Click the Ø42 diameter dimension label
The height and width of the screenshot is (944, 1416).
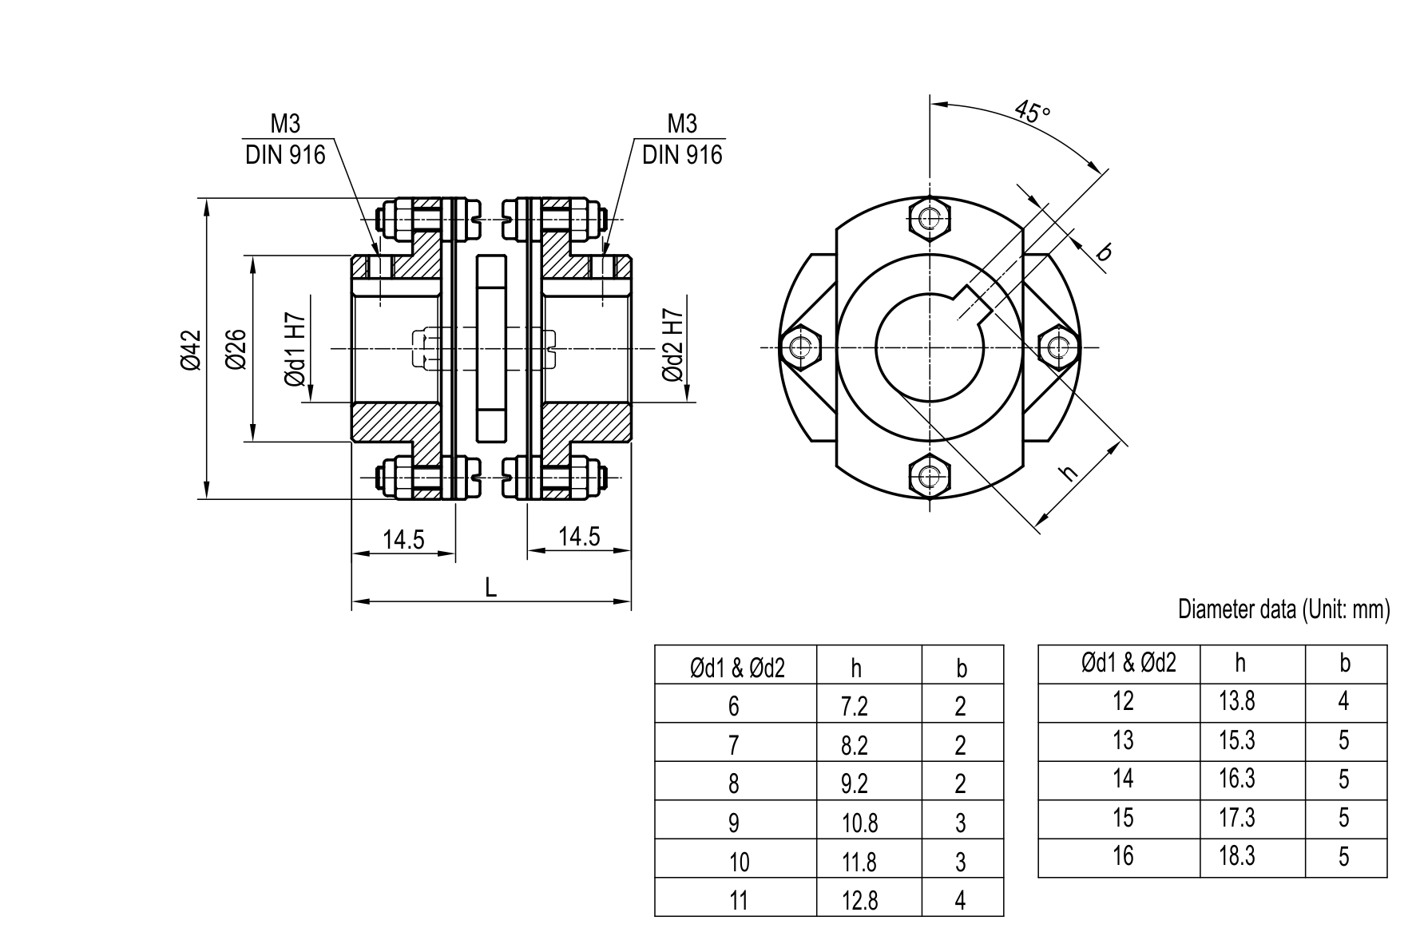tap(190, 350)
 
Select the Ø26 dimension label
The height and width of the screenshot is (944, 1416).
tap(236, 350)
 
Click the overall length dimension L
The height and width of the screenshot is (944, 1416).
tap(491, 589)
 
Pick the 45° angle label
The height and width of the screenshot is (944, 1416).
tap(1031, 112)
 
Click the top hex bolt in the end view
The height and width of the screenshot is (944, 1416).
tap(930, 218)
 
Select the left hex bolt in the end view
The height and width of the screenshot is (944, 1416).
tap(800, 347)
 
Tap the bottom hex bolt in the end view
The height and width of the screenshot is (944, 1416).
tap(930, 477)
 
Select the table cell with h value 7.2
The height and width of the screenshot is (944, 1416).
tap(855, 706)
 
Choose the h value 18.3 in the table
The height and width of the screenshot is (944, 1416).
tap(1237, 856)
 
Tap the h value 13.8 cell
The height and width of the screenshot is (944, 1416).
tap(1237, 702)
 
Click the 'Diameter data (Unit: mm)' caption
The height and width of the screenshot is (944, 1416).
tap(1283, 610)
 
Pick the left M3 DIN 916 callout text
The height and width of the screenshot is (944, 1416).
tap(285, 140)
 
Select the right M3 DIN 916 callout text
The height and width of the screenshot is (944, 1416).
tap(682, 140)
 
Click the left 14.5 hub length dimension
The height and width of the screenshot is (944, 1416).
tap(403, 540)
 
